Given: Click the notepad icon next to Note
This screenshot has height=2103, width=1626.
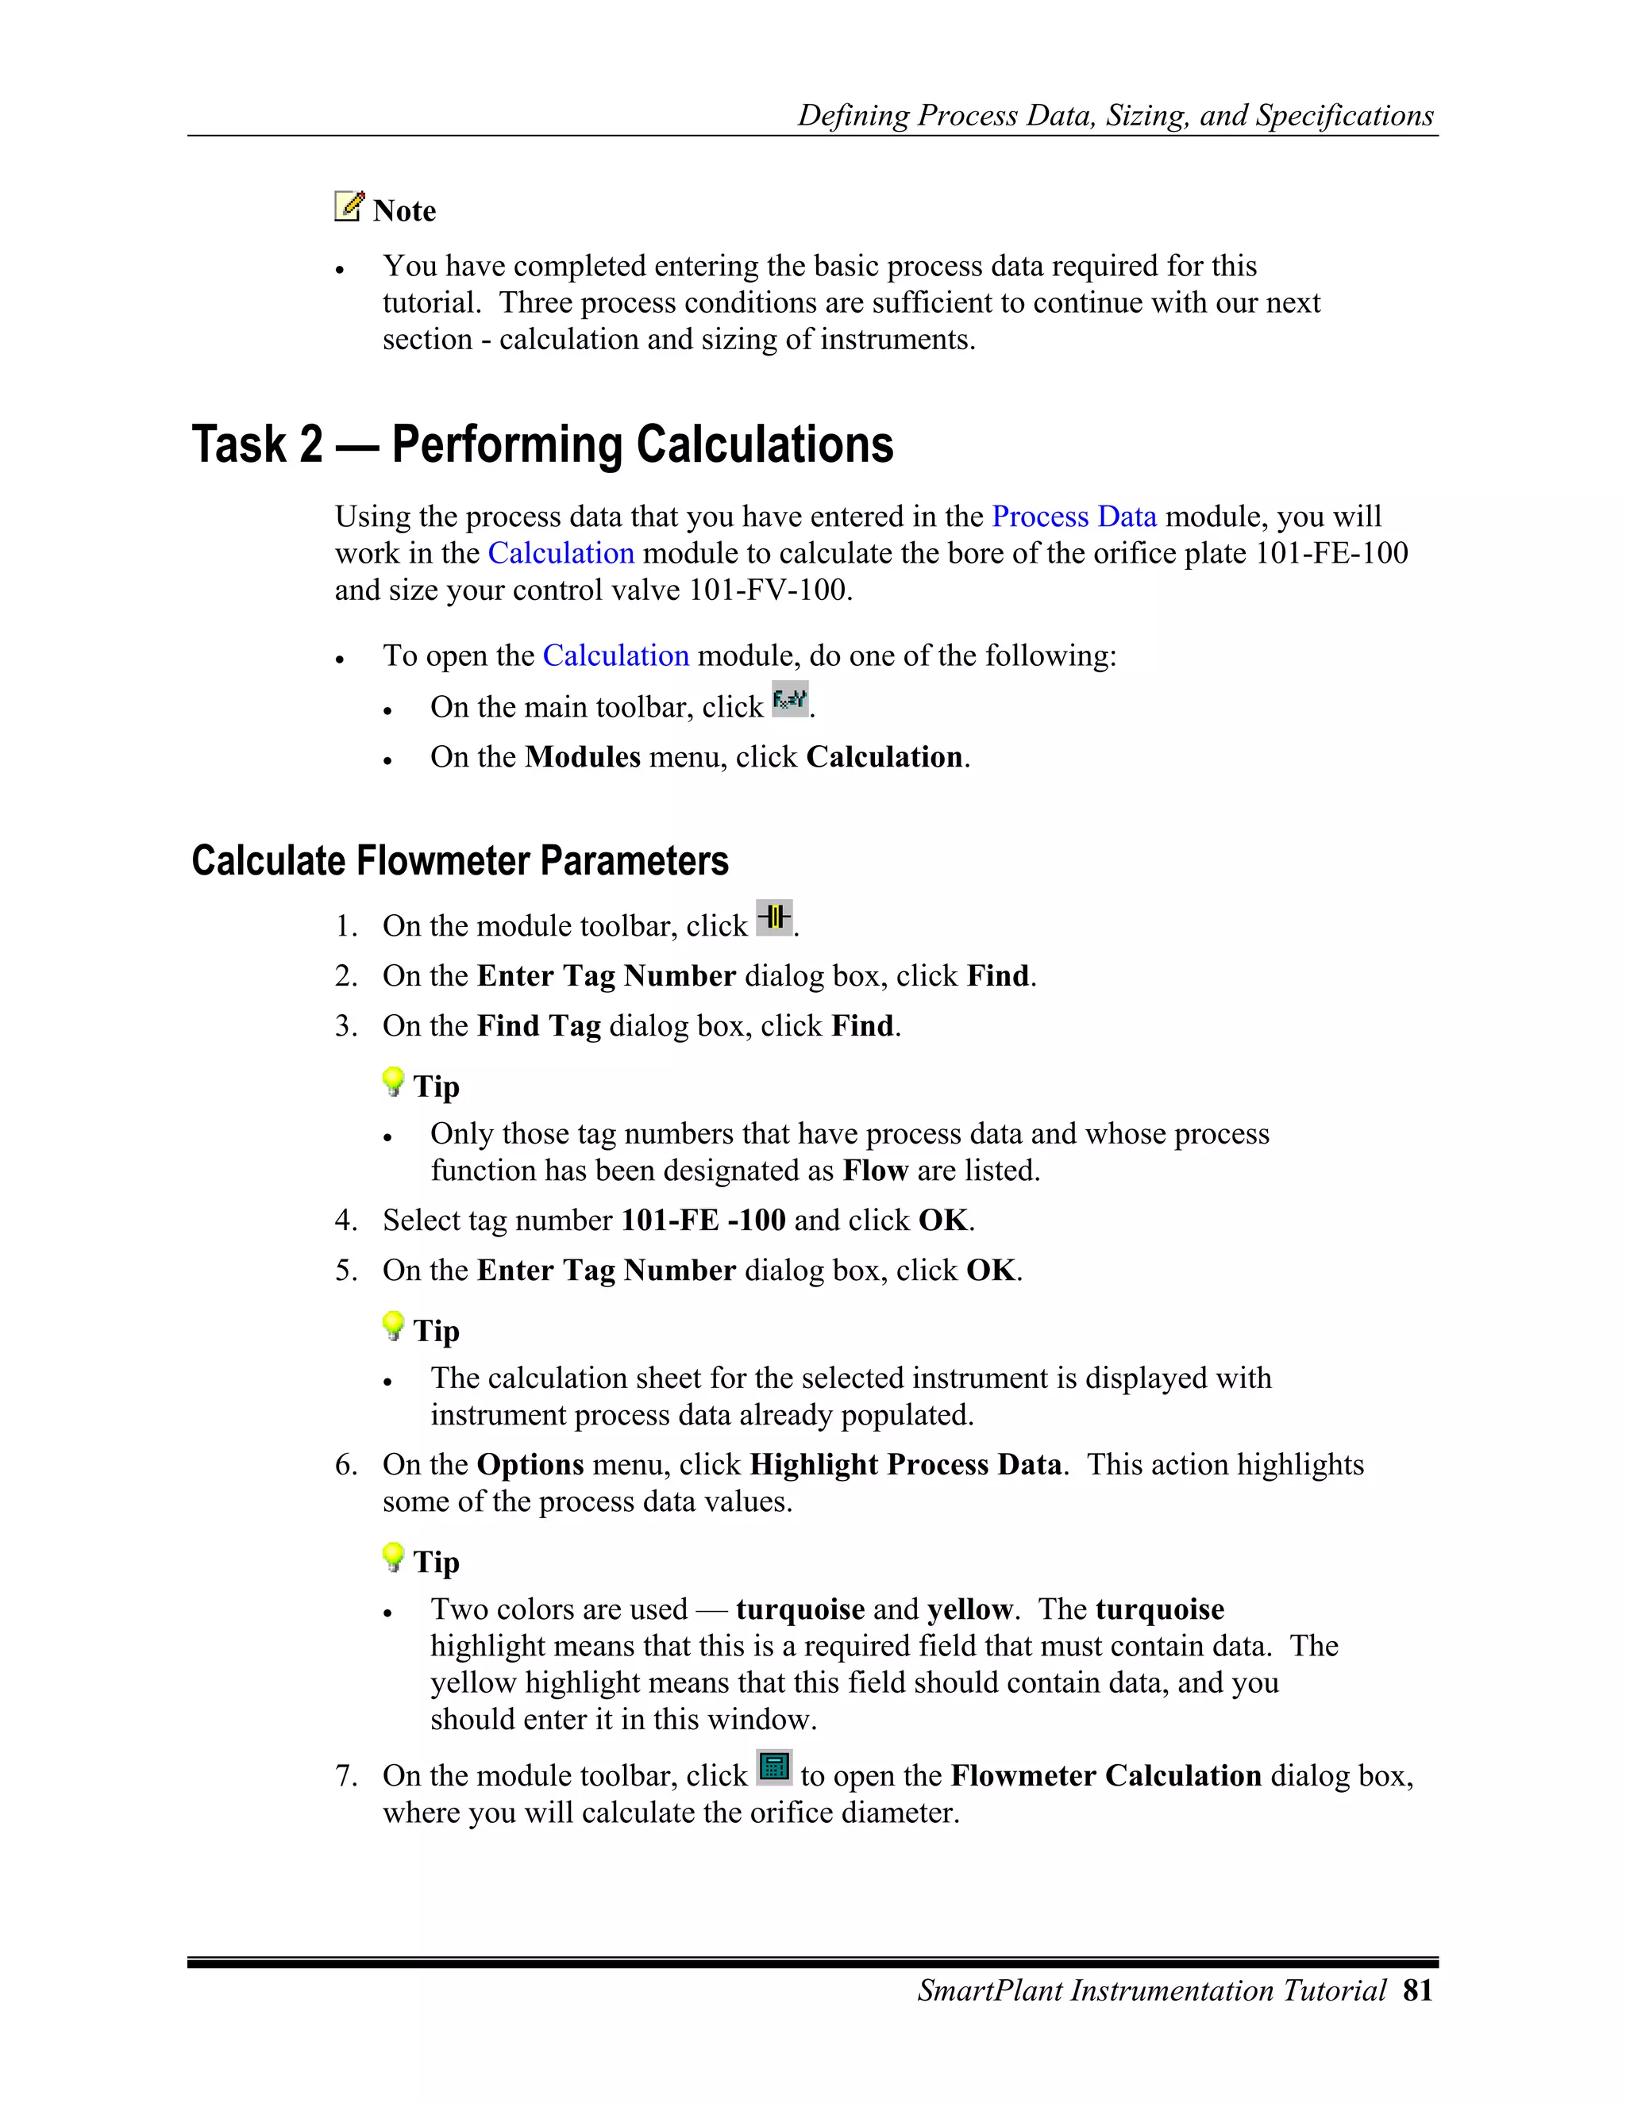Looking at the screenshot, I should [x=349, y=206].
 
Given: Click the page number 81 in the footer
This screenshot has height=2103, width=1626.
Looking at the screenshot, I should [x=1417, y=1990].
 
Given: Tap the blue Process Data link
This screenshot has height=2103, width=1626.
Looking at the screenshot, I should [x=1073, y=517].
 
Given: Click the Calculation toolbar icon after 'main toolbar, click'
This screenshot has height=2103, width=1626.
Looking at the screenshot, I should [x=790, y=700].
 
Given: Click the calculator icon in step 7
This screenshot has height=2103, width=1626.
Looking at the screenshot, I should [x=773, y=1767].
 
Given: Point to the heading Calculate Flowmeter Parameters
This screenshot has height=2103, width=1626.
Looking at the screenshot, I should [x=460, y=860].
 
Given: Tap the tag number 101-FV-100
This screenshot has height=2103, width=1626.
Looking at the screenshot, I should [x=769, y=590].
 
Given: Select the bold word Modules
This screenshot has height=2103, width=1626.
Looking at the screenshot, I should [x=582, y=757].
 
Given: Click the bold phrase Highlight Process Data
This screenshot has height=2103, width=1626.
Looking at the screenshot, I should [x=904, y=1465].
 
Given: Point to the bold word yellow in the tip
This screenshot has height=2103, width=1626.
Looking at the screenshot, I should [x=969, y=1609].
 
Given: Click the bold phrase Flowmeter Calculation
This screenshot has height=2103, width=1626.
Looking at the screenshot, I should [x=1105, y=1775].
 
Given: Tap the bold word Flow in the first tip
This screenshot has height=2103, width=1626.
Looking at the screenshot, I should [x=875, y=1171].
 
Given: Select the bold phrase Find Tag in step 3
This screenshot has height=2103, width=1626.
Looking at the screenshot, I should [x=538, y=1025].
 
